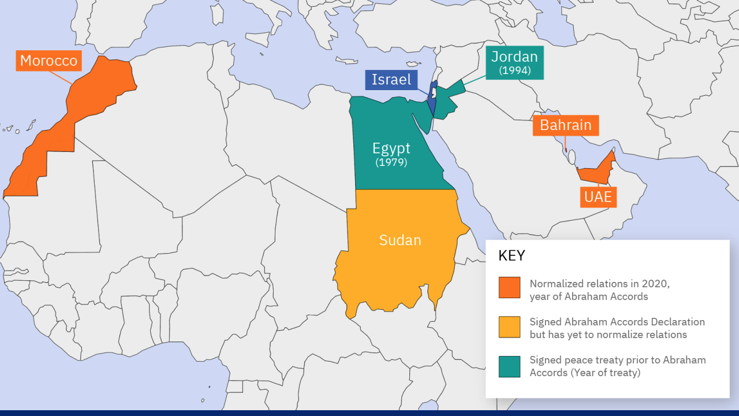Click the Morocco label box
pos(48,61)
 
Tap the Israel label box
pos(391,80)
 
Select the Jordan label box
pos(514,62)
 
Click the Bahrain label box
pos(565,125)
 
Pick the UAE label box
pos(598,197)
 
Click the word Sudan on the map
pos(400,240)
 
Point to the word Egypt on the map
pos(391,148)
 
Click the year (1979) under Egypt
pos(391,162)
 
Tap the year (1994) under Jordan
pos(514,70)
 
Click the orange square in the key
pos(509,287)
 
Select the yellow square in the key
pos(509,326)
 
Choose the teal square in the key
pos(509,366)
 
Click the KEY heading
pos(512,256)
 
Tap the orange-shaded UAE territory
pos(598,173)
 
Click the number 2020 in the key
pos(655,284)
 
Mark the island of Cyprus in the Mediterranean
pos(410,64)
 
